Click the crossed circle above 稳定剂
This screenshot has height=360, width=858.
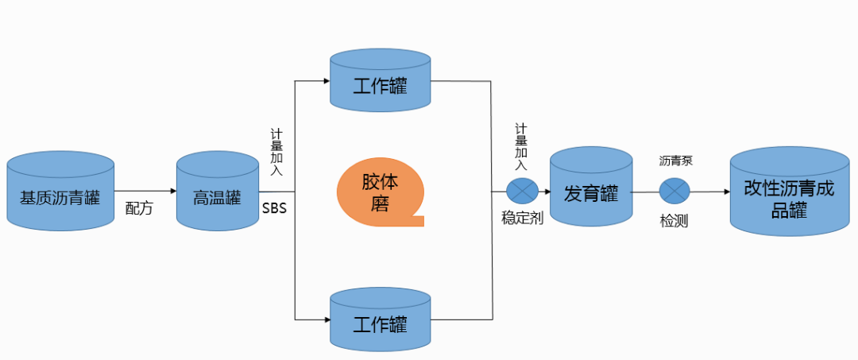coord(523,191)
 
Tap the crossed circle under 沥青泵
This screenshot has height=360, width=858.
coord(674,191)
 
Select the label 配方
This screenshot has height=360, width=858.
coord(139,209)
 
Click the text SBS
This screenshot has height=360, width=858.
coord(275,208)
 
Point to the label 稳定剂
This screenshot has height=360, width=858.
coord(522,218)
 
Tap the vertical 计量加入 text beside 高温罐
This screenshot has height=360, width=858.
coord(276,152)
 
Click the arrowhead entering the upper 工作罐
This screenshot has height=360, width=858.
coord(325,80)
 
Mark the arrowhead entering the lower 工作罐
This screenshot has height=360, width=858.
coord(325,319)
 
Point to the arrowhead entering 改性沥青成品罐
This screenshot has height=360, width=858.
coord(725,192)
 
